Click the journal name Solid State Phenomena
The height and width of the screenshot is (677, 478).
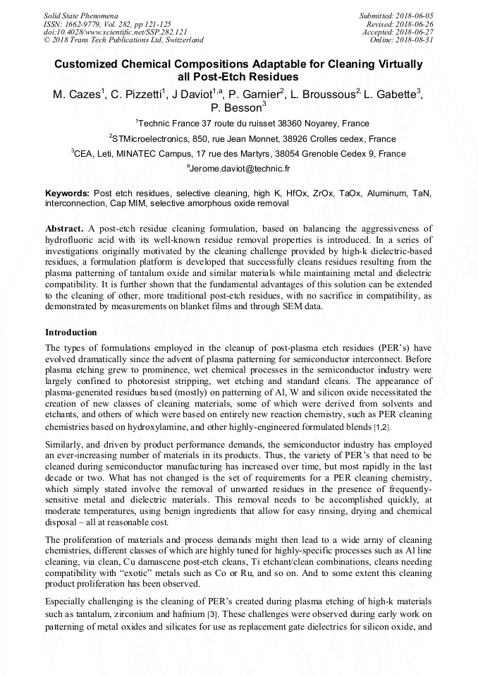coord(80,15)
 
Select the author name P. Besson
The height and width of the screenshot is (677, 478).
coord(238,108)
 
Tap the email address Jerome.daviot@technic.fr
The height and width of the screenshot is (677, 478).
coord(238,169)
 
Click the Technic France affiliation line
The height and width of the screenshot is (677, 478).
coord(252,123)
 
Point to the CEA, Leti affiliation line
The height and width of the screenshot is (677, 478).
coord(238,153)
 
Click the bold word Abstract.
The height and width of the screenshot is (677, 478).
coord(64,230)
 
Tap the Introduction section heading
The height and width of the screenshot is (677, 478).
coord(71,332)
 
